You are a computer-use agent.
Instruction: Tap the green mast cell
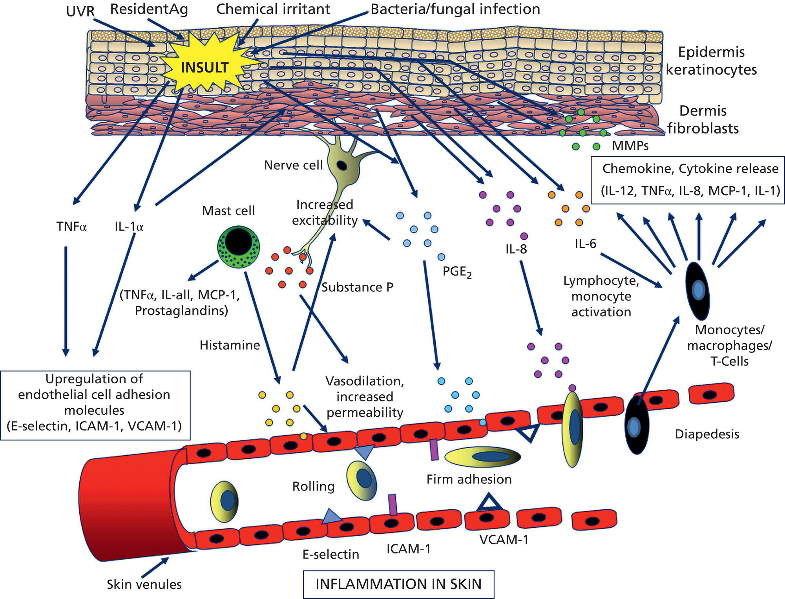pos(238,247)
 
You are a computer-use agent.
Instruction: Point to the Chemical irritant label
pos(273,9)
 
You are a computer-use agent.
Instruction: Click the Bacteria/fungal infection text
pos(455,9)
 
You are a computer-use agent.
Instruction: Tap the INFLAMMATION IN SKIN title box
pos(398,584)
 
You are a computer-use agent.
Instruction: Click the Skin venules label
pos(144,584)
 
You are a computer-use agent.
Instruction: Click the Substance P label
pos(357,288)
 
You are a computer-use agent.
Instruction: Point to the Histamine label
pos(230,345)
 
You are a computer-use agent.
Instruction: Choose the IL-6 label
pos(585,244)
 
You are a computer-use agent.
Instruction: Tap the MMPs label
pos(630,146)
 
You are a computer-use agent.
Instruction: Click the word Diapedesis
pos(706,434)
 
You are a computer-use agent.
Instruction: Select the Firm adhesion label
pos(469,479)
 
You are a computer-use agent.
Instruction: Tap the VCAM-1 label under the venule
pos(504,540)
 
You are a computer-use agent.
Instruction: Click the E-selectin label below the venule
pos(330,554)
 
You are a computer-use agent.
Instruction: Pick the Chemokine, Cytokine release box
pos(690,180)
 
